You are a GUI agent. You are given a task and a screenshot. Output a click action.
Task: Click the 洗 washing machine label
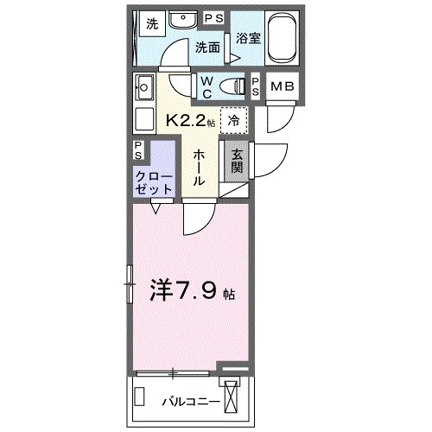(152, 23)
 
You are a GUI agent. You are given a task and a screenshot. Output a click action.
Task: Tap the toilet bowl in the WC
(232, 85)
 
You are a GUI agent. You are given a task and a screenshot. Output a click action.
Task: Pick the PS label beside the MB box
(256, 85)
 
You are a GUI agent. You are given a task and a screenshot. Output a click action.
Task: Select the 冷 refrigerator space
(233, 121)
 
